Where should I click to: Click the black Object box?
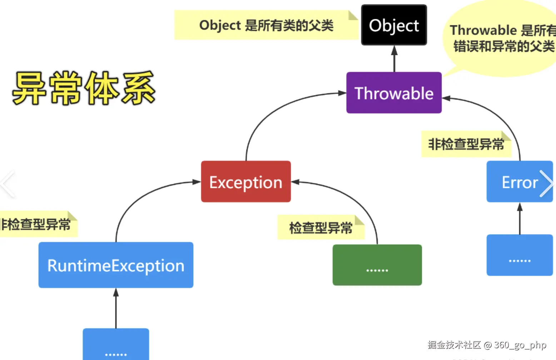tap(394, 25)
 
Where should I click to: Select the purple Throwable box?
tap(394, 93)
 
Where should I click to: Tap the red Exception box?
tap(246, 182)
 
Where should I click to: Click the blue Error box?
tap(515, 182)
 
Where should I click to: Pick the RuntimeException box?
tap(116, 265)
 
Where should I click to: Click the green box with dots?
tap(377, 265)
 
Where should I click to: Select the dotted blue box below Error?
tap(520, 255)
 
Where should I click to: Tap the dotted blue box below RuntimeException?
tap(116, 345)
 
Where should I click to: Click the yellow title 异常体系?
tap(84, 88)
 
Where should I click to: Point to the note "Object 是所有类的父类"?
tap(266, 25)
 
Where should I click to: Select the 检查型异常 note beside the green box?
tap(321, 227)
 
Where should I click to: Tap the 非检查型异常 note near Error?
tap(466, 144)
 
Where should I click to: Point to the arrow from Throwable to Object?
tap(394, 59)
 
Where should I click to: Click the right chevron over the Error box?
tap(546, 184)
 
